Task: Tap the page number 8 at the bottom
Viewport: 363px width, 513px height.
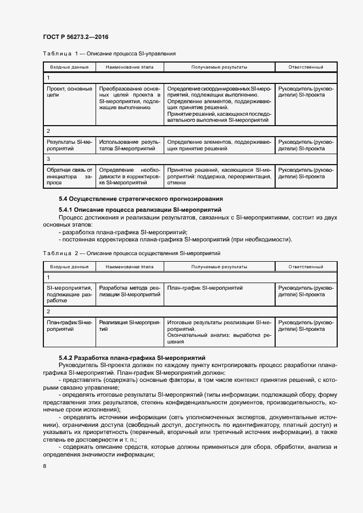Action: pyautogui.click(x=44, y=466)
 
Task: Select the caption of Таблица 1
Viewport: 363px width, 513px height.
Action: pyautogui.click(x=109, y=54)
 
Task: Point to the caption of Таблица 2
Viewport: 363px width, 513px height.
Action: pyautogui.click(x=131, y=253)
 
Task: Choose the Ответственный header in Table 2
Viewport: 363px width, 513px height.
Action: pyautogui.click(x=306, y=267)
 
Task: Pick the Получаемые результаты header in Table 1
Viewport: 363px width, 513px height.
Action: pyautogui.click(x=219, y=67)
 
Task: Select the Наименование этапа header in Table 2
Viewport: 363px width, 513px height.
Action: pyautogui.click(x=130, y=267)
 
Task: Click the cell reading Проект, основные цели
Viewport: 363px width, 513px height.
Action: pyautogui.click(x=62, y=92)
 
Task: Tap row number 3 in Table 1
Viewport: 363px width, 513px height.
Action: pyautogui.click(x=48, y=159)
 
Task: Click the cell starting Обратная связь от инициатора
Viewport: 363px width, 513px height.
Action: pyautogui.click(x=69, y=177)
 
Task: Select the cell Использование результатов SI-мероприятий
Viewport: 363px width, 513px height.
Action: pyautogui.click(x=130, y=145)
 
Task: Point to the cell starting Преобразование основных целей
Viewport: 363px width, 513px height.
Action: pyautogui.click(x=130, y=98)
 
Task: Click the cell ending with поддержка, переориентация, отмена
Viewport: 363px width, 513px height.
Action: pyautogui.click(x=219, y=177)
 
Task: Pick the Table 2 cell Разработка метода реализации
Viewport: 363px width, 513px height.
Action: pyautogui.click(x=130, y=291)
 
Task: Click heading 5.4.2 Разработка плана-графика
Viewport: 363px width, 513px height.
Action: pyautogui.click(x=132, y=357)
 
